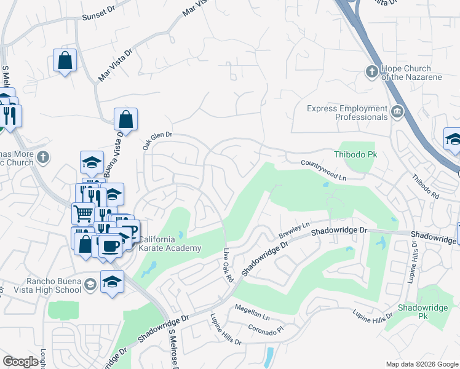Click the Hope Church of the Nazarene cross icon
point(371,73)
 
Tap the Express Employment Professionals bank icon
point(397,112)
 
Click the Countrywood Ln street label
point(324,170)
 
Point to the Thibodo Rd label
point(425,186)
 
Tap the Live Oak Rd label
point(229,266)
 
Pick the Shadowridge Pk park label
point(413,311)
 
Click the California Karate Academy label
point(170,244)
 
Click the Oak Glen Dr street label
point(157,141)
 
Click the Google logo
point(20,362)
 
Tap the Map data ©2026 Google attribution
point(422,364)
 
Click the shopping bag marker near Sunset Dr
point(65,60)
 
